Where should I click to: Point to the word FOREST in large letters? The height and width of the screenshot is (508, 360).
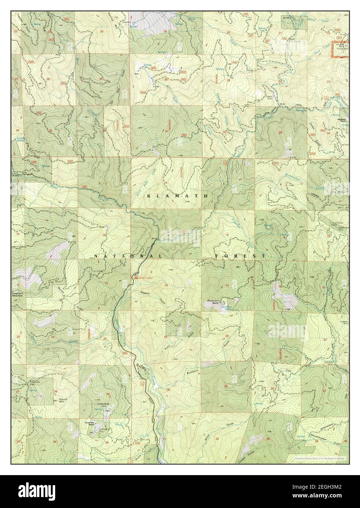[x=240, y=257]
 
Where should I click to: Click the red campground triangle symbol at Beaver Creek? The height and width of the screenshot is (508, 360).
[x=136, y=278]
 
